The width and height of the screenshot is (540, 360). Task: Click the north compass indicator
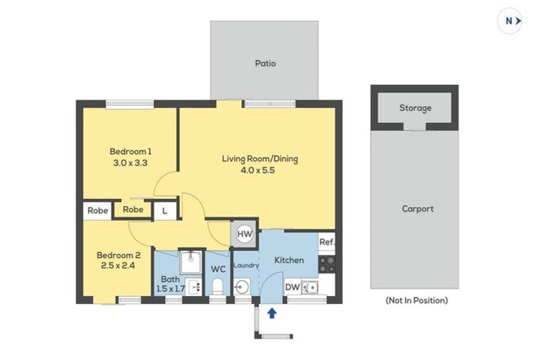(x=510, y=21)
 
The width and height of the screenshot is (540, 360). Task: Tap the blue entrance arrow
(x=272, y=313)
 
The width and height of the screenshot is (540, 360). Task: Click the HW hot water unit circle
(x=245, y=234)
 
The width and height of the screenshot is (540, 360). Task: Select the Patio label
(x=265, y=63)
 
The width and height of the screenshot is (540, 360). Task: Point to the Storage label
(x=416, y=108)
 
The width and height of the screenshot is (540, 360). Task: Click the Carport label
(x=418, y=209)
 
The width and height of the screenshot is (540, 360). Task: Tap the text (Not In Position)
(x=417, y=300)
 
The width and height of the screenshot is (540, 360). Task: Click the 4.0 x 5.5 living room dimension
(x=257, y=170)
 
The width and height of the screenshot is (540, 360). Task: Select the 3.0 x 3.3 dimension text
(x=130, y=162)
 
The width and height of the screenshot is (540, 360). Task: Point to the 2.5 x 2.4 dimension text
(x=118, y=265)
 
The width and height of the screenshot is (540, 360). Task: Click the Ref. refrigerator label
(x=327, y=242)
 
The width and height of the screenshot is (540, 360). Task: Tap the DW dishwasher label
(x=292, y=287)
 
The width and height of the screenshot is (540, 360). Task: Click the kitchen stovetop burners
(x=327, y=264)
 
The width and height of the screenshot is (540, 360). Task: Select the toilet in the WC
(x=217, y=287)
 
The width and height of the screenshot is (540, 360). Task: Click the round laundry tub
(x=242, y=287)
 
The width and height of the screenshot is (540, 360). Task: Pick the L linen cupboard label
(x=165, y=211)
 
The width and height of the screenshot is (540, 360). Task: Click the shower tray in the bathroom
(x=191, y=262)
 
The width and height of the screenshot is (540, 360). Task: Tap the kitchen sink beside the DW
(x=309, y=288)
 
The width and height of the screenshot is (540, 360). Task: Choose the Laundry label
(x=246, y=265)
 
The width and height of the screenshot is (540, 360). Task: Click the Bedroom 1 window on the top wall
(x=129, y=104)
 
